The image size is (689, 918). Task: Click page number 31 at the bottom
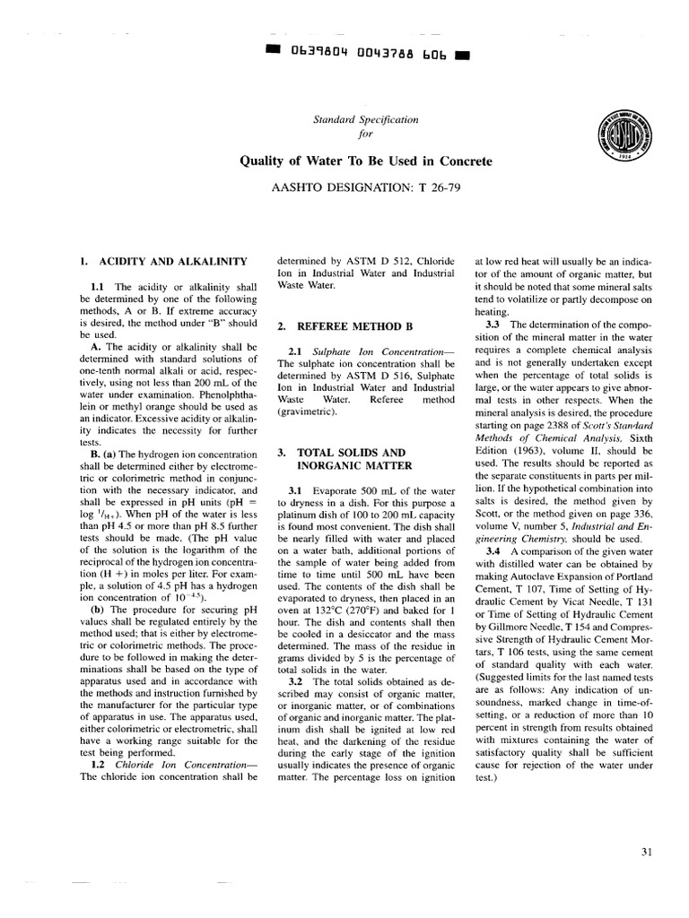(651, 852)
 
